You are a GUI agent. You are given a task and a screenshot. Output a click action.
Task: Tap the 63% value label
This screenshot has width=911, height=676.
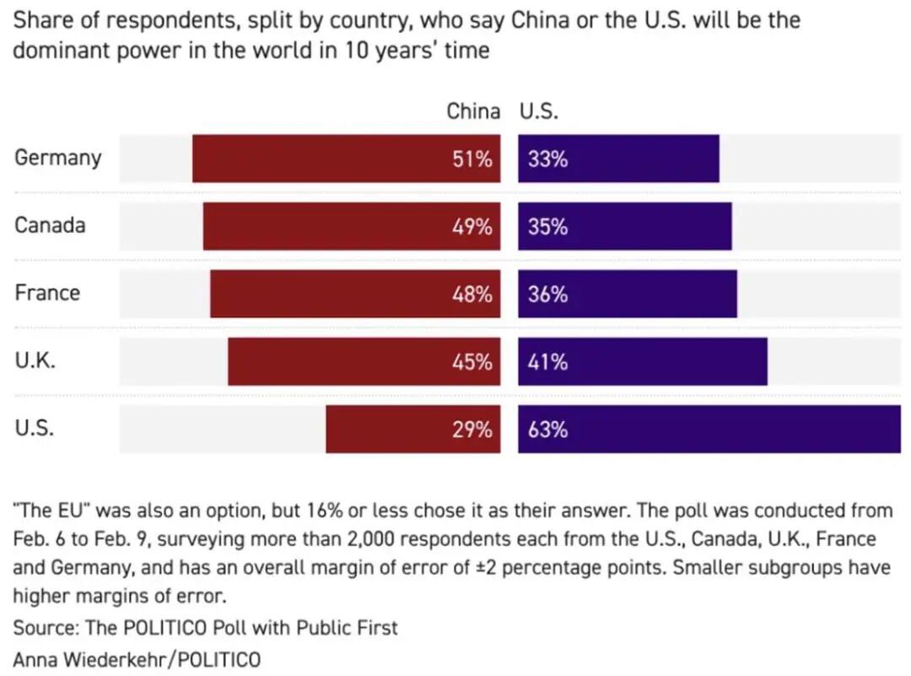(x=547, y=430)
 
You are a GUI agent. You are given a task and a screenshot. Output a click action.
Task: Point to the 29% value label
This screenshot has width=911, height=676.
(x=472, y=430)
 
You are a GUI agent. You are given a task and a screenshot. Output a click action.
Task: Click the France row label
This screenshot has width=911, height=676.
(x=47, y=293)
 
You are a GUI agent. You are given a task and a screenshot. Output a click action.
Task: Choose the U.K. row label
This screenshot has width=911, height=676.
(x=35, y=360)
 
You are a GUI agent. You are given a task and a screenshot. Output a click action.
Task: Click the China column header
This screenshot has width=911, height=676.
(x=472, y=111)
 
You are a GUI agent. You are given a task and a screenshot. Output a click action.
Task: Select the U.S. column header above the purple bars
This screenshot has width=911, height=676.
(x=539, y=111)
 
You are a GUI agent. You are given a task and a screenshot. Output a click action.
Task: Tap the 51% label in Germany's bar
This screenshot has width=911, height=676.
(x=472, y=159)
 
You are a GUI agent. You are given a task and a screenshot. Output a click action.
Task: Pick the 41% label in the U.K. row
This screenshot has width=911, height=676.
(x=547, y=362)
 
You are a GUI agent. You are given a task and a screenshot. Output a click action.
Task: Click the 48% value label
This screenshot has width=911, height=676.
(x=472, y=295)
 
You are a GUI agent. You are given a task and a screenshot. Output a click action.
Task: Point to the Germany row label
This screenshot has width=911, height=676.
(x=57, y=158)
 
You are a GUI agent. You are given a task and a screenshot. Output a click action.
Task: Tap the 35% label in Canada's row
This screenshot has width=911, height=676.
(x=547, y=227)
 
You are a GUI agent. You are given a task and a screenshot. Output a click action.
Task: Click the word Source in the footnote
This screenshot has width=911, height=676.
(x=41, y=627)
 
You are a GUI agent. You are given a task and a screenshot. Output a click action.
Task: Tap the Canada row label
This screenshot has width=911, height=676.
(x=50, y=225)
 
